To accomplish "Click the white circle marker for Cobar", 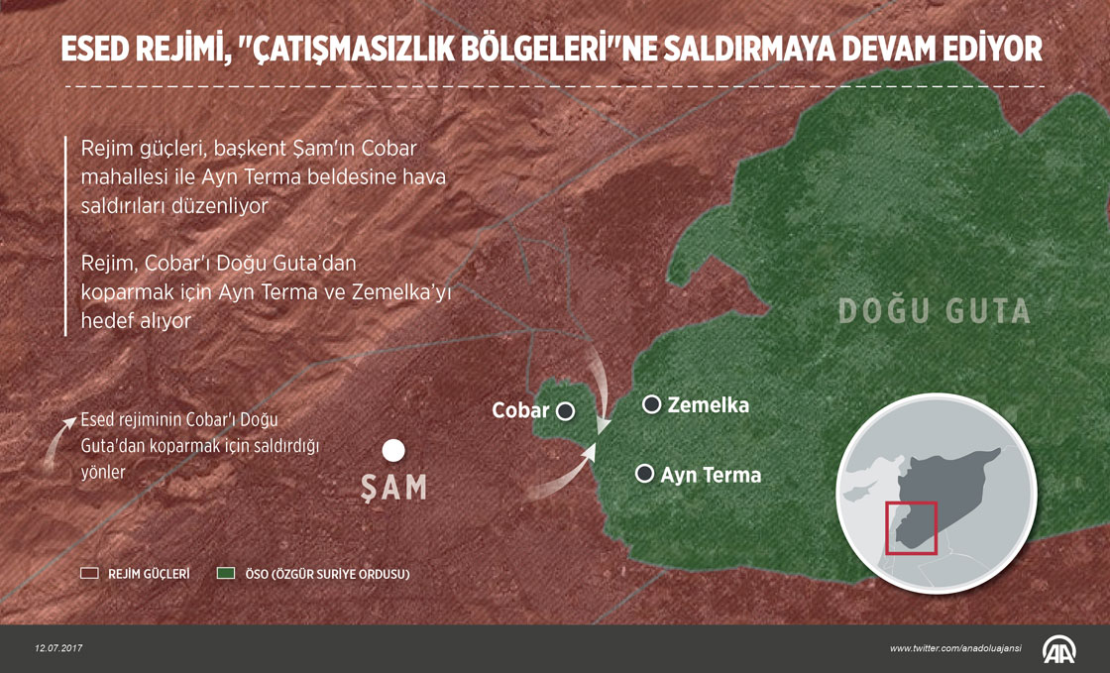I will [x=566, y=410].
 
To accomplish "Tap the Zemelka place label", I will [x=708, y=405].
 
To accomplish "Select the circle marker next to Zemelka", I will [x=652, y=404].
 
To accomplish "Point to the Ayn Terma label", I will [x=711, y=475].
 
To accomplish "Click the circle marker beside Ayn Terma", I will [x=645, y=474].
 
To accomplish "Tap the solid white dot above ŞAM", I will [x=393, y=451].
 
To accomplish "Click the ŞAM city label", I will [x=394, y=488].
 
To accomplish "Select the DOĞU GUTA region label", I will [x=935, y=311].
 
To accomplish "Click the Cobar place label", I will [x=520, y=409].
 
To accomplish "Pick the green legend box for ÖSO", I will [x=226, y=574].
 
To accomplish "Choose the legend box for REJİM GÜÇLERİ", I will [x=89, y=574].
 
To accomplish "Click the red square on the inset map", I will [x=911, y=527].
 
